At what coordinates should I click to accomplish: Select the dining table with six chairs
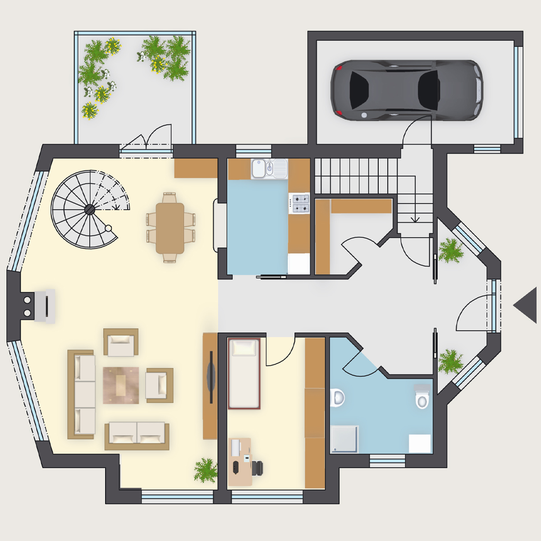point(170,228)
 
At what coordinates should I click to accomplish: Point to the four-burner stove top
point(299,203)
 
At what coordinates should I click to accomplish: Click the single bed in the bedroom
point(244,373)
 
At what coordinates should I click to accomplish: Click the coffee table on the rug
point(121,385)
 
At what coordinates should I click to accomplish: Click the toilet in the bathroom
point(422,397)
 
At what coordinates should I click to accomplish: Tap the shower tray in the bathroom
point(345,439)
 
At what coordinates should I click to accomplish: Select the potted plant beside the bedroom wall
point(206,470)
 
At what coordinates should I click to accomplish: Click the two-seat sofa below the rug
point(137,436)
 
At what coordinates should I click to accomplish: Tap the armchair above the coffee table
point(121,342)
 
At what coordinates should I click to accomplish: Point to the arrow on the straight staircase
point(415,218)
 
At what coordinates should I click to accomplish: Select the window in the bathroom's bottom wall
point(387,460)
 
